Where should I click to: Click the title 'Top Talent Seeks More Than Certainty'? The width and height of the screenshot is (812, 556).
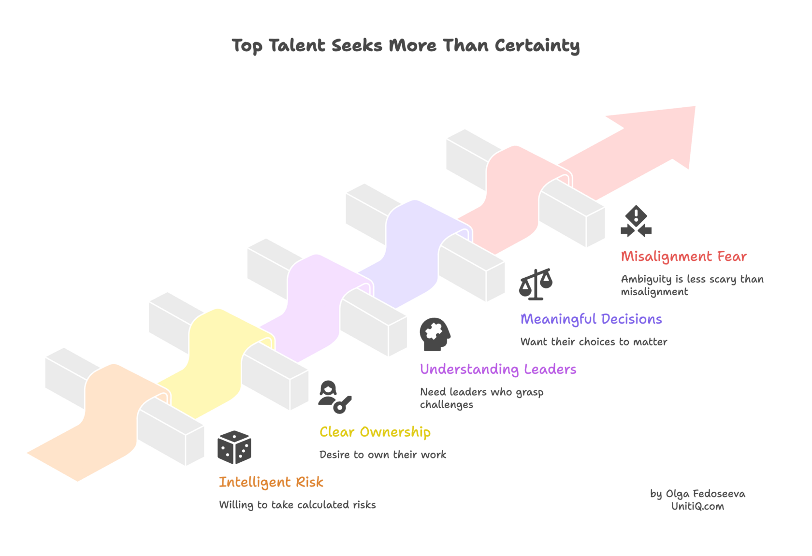click(405, 45)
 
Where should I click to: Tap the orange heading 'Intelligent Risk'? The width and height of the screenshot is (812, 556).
click(271, 482)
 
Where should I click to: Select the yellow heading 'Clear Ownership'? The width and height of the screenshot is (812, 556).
click(375, 432)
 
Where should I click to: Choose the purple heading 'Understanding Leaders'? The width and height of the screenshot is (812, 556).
click(498, 370)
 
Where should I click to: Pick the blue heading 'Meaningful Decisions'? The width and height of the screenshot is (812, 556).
click(591, 319)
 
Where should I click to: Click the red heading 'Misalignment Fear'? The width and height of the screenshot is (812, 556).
click(683, 257)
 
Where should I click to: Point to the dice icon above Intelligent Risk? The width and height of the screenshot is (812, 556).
click(234, 447)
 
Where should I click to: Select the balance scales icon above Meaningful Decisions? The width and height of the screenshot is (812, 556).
click(536, 284)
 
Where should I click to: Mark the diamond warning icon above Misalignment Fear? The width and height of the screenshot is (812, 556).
click(636, 222)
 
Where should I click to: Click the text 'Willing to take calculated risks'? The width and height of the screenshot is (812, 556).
click(297, 505)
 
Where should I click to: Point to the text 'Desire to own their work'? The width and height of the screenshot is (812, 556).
click(383, 455)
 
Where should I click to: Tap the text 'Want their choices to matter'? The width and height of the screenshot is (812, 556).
click(594, 342)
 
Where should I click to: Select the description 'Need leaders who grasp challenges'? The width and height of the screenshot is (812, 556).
click(481, 398)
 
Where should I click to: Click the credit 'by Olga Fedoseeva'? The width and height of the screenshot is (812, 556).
click(697, 494)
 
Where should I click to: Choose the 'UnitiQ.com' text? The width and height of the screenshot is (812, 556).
click(697, 506)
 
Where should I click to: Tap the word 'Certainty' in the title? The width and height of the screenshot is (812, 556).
click(536, 45)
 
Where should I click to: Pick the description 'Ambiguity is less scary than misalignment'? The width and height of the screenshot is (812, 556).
click(692, 285)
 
